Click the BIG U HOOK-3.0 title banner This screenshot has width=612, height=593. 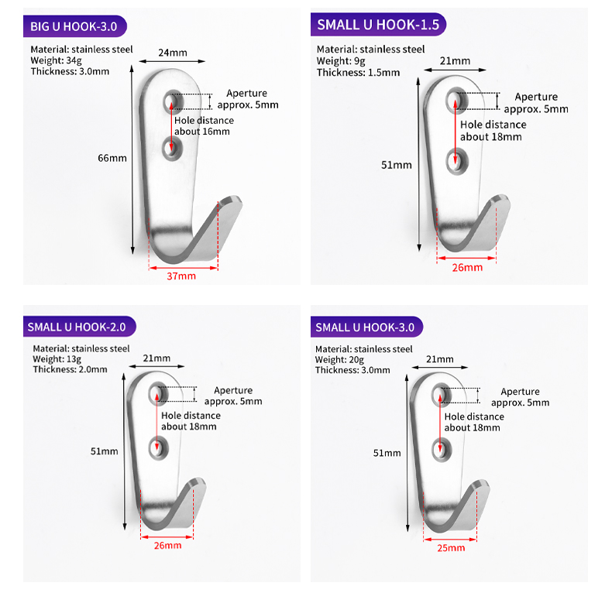pos(75,26)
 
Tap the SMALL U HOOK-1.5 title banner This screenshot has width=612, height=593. pos(378,25)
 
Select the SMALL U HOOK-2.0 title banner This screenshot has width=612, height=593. pos(80,327)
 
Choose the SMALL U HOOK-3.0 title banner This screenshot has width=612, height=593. pos(367,327)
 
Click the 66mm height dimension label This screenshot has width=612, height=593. pos(112,158)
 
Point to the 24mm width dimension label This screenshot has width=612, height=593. pos(173,53)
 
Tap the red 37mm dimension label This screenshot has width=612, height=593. pos(181,276)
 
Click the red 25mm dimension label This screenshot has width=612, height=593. pos(451,548)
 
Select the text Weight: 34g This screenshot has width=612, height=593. pos(57,60)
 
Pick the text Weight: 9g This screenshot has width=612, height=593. pos(341,61)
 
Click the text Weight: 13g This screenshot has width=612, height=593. pos(57,359)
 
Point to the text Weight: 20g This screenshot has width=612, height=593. pos(339,360)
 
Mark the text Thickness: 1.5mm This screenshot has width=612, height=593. pos(359,73)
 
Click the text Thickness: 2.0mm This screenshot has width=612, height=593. pos(70,369)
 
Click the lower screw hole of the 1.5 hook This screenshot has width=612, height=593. pos(456,161)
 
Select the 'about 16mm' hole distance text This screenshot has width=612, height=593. pos(201,132)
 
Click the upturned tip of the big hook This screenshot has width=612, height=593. pos(230,202)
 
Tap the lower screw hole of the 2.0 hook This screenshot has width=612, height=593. pos(158,448)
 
